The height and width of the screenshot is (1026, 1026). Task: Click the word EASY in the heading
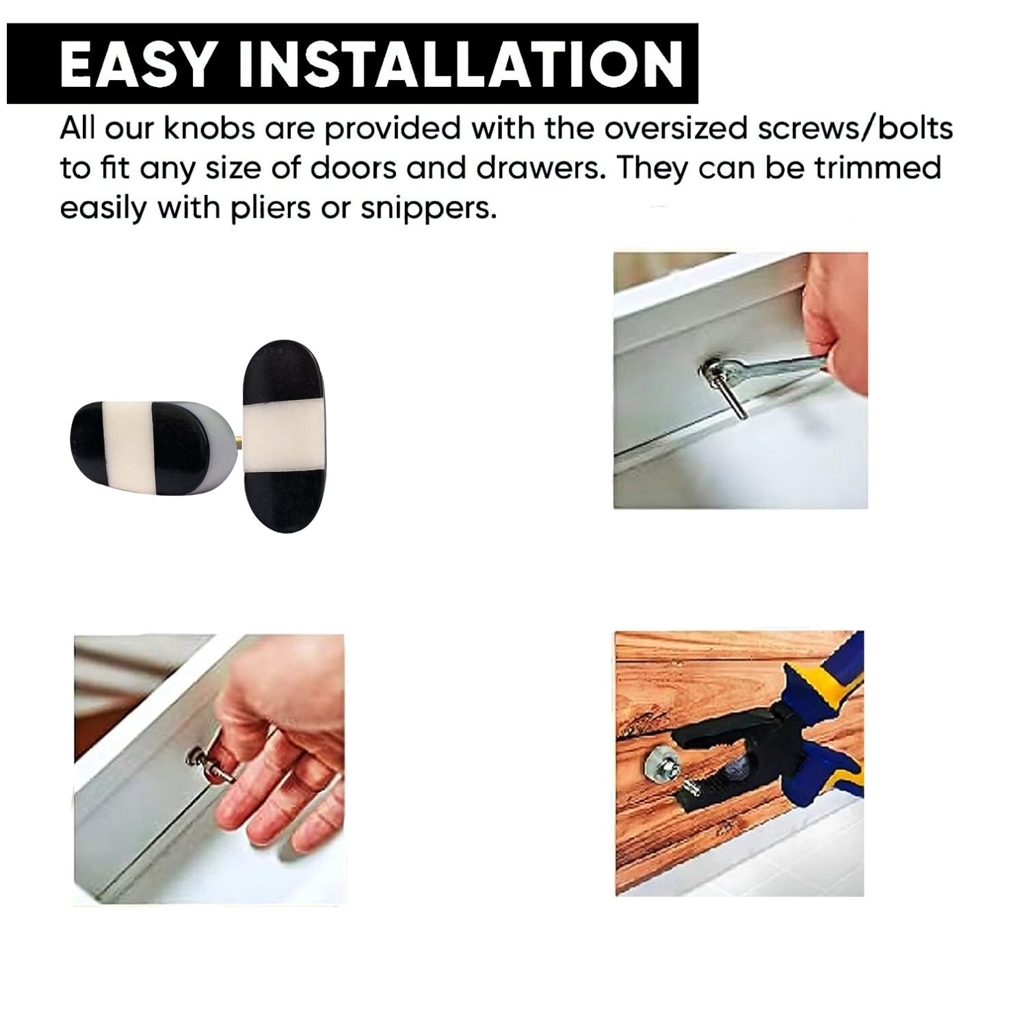(137, 64)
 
